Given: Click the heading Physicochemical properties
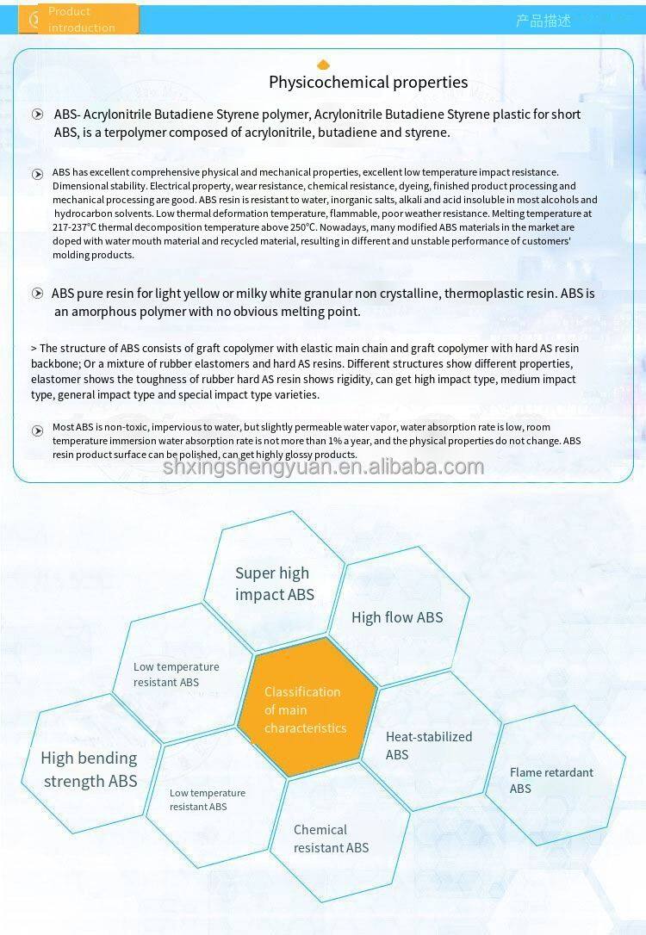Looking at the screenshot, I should click(368, 83).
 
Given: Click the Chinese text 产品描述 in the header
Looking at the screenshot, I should click(543, 21).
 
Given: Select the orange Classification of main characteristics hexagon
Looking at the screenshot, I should click(306, 709).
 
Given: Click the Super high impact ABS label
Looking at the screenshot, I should click(274, 584).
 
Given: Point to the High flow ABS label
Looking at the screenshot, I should click(397, 617).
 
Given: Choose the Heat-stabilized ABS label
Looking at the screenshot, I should click(428, 746).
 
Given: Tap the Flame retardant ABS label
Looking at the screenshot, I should click(551, 780).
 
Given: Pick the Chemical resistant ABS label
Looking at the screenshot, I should click(331, 839).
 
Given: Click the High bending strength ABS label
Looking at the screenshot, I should click(90, 770).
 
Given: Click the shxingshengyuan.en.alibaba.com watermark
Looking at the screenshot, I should click(323, 467).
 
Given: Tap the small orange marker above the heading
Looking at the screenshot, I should click(324, 65).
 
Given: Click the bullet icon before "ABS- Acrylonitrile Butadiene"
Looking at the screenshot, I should click(37, 115).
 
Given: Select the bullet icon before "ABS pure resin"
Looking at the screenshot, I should click(37, 294).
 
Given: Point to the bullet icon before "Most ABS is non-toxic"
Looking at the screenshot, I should click(37, 430).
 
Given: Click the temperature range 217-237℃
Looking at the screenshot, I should click(76, 227).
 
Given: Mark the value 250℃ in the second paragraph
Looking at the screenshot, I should click(298, 227).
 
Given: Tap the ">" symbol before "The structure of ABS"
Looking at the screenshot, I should click(34, 349).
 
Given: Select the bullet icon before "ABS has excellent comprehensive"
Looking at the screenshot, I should click(37, 174).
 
